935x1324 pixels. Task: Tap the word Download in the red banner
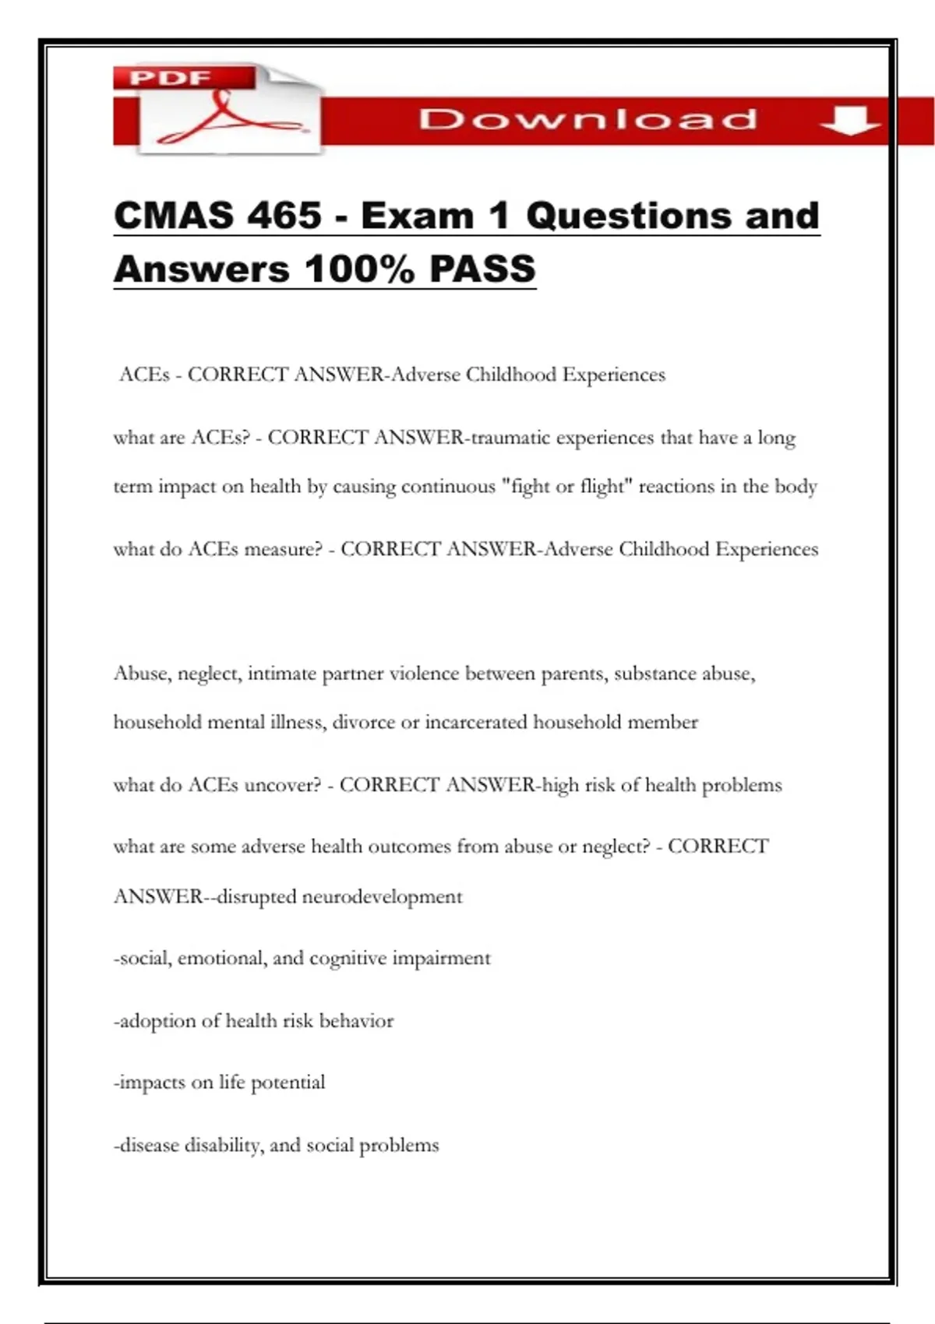tap(587, 120)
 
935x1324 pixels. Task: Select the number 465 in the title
tap(284, 216)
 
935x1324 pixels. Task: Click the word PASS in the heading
tap(482, 269)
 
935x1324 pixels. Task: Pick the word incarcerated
tap(476, 723)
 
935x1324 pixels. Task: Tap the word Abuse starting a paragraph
tap(142, 674)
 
